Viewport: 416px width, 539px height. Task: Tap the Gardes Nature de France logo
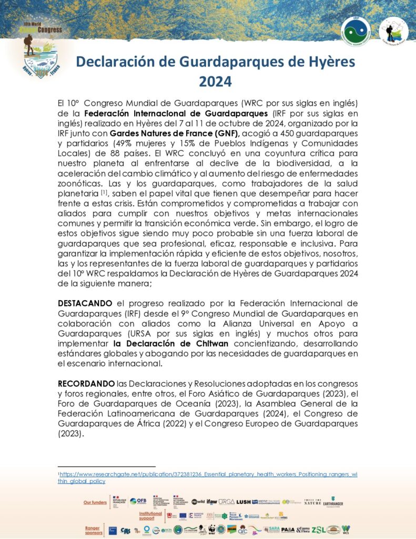[393, 31]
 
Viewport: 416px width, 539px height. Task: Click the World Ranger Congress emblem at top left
[42, 49]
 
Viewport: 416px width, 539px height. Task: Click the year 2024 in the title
[215, 82]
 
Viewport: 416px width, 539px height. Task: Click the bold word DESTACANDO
[85, 303]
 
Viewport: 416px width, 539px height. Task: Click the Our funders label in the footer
[95, 502]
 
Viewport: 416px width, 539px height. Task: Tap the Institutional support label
[150, 515]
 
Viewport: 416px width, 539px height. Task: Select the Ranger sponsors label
[93, 528]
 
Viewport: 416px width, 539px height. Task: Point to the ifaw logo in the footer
[211, 502]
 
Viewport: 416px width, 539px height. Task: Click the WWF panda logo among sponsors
[212, 530]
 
